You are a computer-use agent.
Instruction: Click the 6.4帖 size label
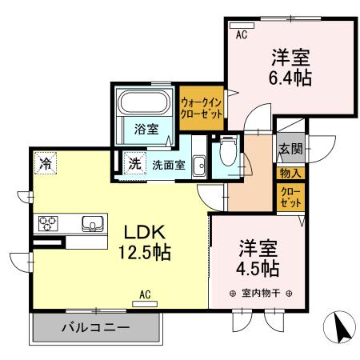(x=291, y=78)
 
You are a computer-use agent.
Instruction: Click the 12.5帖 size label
(x=146, y=251)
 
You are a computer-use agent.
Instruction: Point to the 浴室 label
(x=146, y=127)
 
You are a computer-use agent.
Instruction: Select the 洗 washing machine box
(x=134, y=163)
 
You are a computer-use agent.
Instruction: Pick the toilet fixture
(x=227, y=152)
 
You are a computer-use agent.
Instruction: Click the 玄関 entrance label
(x=290, y=149)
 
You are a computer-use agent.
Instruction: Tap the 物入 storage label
(x=290, y=173)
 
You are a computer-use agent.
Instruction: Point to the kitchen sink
(x=90, y=222)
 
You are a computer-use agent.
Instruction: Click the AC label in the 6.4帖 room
(x=241, y=34)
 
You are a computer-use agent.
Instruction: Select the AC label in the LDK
(x=145, y=294)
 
